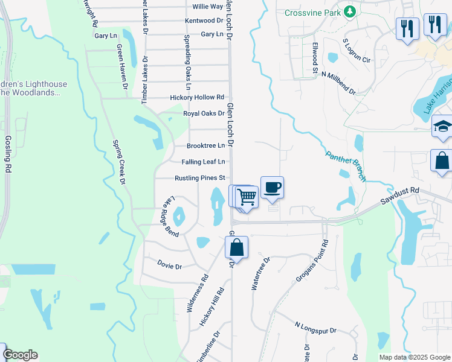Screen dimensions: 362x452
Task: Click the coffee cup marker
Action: [272, 187]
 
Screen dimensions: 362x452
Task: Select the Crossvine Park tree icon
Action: [349, 11]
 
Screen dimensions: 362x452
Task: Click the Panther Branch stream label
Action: [346, 166]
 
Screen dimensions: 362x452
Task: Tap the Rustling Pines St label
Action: [199, 178]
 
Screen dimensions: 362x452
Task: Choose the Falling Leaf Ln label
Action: [203, 162]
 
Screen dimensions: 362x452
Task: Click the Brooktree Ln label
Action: [205, 145]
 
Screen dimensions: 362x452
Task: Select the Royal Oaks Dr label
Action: [204, 113]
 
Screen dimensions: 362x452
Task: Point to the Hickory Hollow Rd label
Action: [197, 97]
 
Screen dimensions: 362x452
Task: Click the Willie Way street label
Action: [207, 6]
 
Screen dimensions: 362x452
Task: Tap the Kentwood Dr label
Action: [204, 21]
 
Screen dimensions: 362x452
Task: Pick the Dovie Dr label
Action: [169, 264]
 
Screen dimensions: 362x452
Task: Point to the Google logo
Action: [20, 355]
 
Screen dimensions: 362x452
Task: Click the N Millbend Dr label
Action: [338, 83]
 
